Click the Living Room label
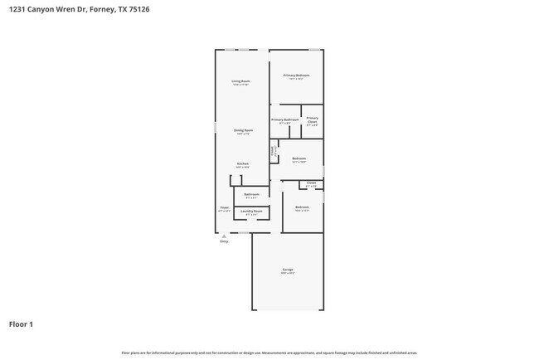coord(241,81)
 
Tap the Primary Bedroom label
coord(296,75)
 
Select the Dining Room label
coord(243,130)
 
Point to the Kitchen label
coord(243,163)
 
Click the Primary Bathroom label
coord(284,119)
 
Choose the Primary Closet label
coord(312,119)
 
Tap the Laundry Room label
coord(252,212)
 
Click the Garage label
coord(288,270)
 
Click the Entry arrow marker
coord(223,236)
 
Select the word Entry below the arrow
coord(223,241)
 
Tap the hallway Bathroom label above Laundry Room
coord(251,194)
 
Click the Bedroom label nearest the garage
coord(302,207)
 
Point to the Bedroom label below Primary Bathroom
coord(299,158)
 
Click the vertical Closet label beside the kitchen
coord(273,151)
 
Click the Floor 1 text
coord(21,324)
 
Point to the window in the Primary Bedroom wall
coord(314,50)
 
